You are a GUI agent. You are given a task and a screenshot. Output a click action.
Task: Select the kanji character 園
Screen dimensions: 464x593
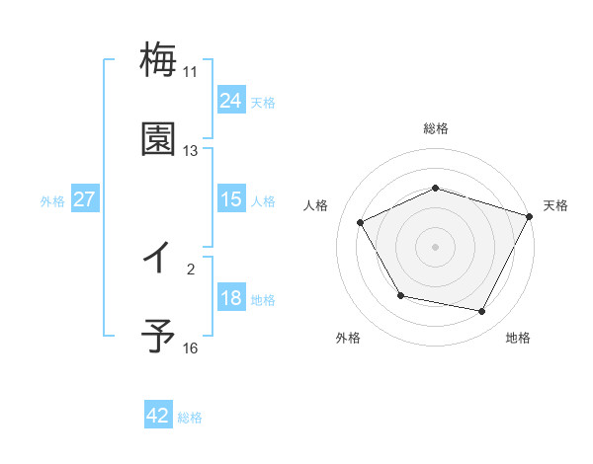(x=158, y=139)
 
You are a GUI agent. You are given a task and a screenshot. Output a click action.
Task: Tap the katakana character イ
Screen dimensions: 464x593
(x=158, y=259)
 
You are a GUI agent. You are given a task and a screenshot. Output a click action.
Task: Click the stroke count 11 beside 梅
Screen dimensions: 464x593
(x=190, y=72)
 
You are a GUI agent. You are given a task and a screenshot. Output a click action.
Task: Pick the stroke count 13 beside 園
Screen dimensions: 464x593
(x=190, y=151)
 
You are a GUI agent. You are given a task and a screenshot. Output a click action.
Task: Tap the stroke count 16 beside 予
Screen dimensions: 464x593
(x=190, y=348)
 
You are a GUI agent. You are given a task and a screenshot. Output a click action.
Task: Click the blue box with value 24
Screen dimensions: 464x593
(x=231, y=101)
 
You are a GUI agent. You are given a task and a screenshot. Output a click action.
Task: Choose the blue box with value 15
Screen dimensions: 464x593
(x=231, y=199)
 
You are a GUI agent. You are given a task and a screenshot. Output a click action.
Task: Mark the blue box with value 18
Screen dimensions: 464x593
(x=231, y=298)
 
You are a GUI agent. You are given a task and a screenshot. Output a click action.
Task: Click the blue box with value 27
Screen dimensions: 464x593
(x=85, y=199)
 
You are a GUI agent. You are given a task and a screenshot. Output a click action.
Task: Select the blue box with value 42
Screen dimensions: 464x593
(x=158, y=416)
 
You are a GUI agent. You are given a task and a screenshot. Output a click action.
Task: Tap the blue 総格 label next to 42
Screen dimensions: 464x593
(x=190, y=418)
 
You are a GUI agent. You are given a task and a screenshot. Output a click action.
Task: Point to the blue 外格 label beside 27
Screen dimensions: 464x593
(x=52, y=200)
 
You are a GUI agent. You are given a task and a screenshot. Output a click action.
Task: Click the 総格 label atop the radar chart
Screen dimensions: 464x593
(x=436, y=128)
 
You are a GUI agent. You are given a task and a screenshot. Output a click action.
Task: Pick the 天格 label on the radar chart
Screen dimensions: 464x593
(x=555, y=205)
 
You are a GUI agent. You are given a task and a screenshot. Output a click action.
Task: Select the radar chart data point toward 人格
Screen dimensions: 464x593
(x=361, y=223)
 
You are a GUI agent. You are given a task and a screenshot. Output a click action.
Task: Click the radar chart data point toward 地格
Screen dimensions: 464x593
(x=482, y=312)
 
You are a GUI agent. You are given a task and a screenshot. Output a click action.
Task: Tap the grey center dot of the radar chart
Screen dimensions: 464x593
(x=436, y=247)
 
